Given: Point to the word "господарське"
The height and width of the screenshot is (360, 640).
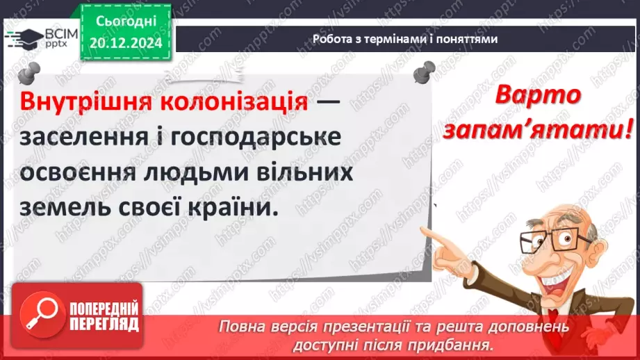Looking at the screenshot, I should pyautogui.click(x=252, y=137).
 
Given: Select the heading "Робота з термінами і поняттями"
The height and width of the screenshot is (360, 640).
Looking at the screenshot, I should pyautogui.click(x=404, y=39).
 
